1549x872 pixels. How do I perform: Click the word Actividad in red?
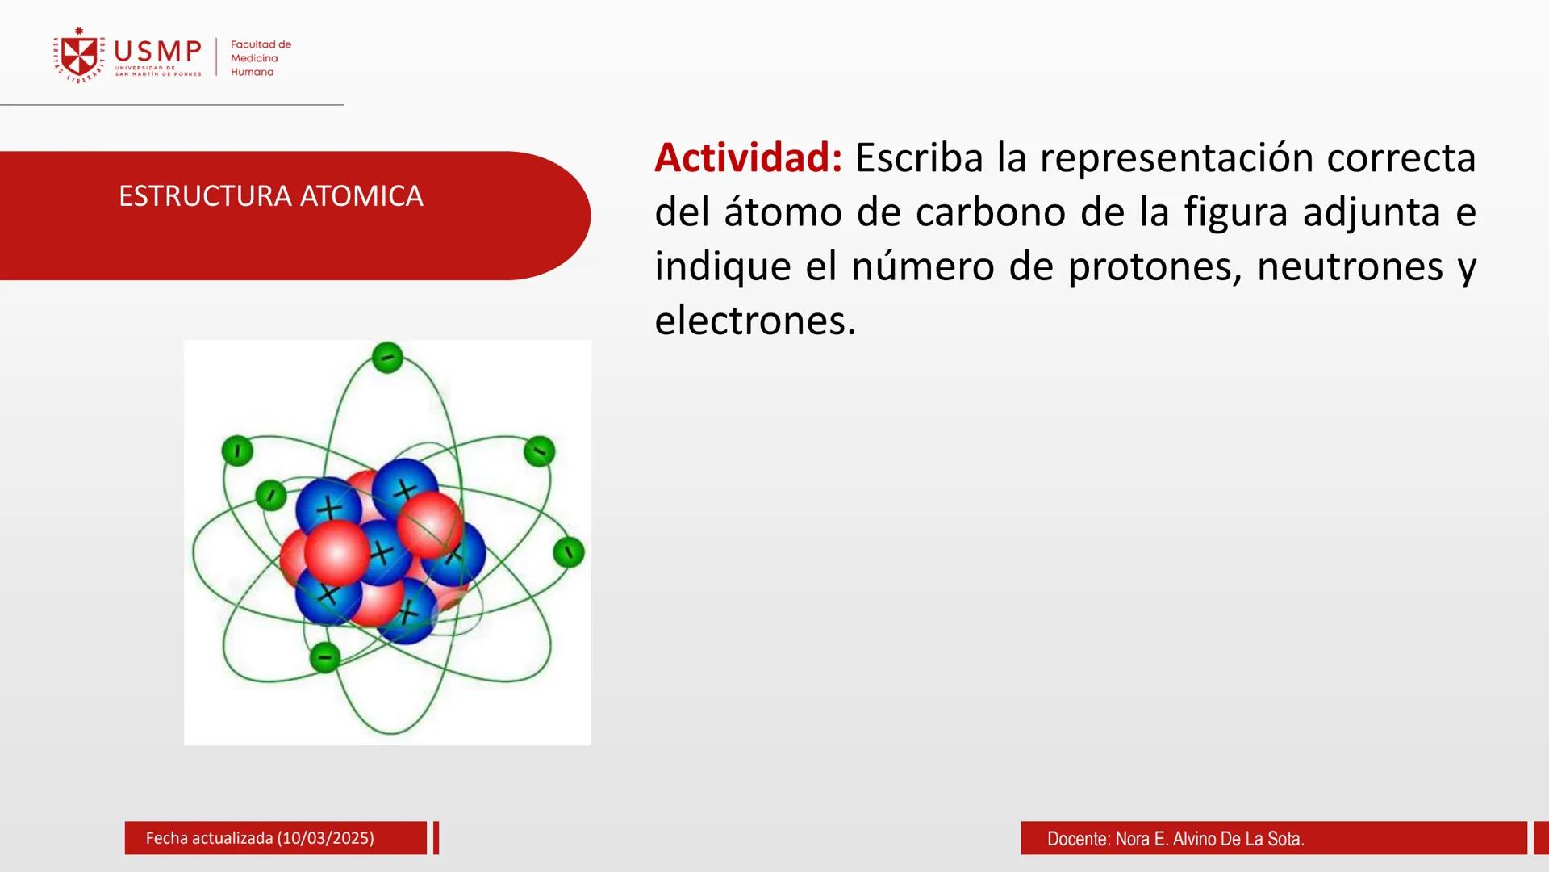click(x=747, y=157)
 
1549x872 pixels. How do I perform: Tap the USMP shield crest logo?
click(x=79, y=56)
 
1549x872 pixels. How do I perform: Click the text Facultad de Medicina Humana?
click(x=260, y=58)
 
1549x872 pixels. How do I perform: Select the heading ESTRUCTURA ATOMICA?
click(x=270, y=196)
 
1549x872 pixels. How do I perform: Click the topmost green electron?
click(x=387, y=357)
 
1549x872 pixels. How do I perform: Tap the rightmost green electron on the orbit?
click(x=569, y=552)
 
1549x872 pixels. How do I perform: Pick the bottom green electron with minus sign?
click(x=324, y=657)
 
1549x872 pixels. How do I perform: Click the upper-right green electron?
click(x=539, y=451)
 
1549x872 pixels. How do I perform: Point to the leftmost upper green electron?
click(x=237, y=451)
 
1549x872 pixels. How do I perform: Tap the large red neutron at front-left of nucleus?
click(x=337, y=552)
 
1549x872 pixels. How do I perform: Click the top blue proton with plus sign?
click(x=405, y=488)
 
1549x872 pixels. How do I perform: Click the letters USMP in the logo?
click(x=157, y=52)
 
